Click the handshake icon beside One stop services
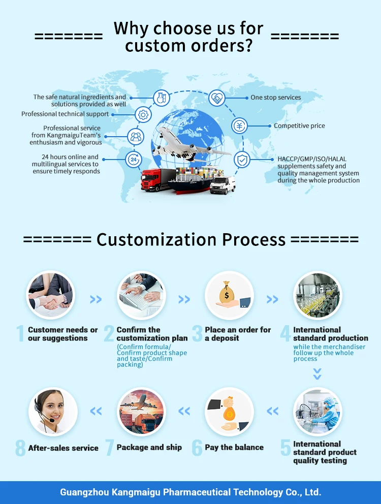(x=217, y=98)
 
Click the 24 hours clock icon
(x=134, y=160)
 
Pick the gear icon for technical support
(x=143, y=115)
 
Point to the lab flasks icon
(x=162, y=97)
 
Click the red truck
(x=158, y=180)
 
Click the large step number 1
(x=20, y=334)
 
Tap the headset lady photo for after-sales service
(x=53, y=412)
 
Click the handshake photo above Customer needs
(x=50, y=295)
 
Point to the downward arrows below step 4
(x=317, y=374)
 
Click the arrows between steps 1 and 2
(x=96, y=300)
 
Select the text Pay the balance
(x=234, y=448)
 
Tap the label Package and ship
(x=149, y=448)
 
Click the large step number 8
(x=20, y=449)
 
